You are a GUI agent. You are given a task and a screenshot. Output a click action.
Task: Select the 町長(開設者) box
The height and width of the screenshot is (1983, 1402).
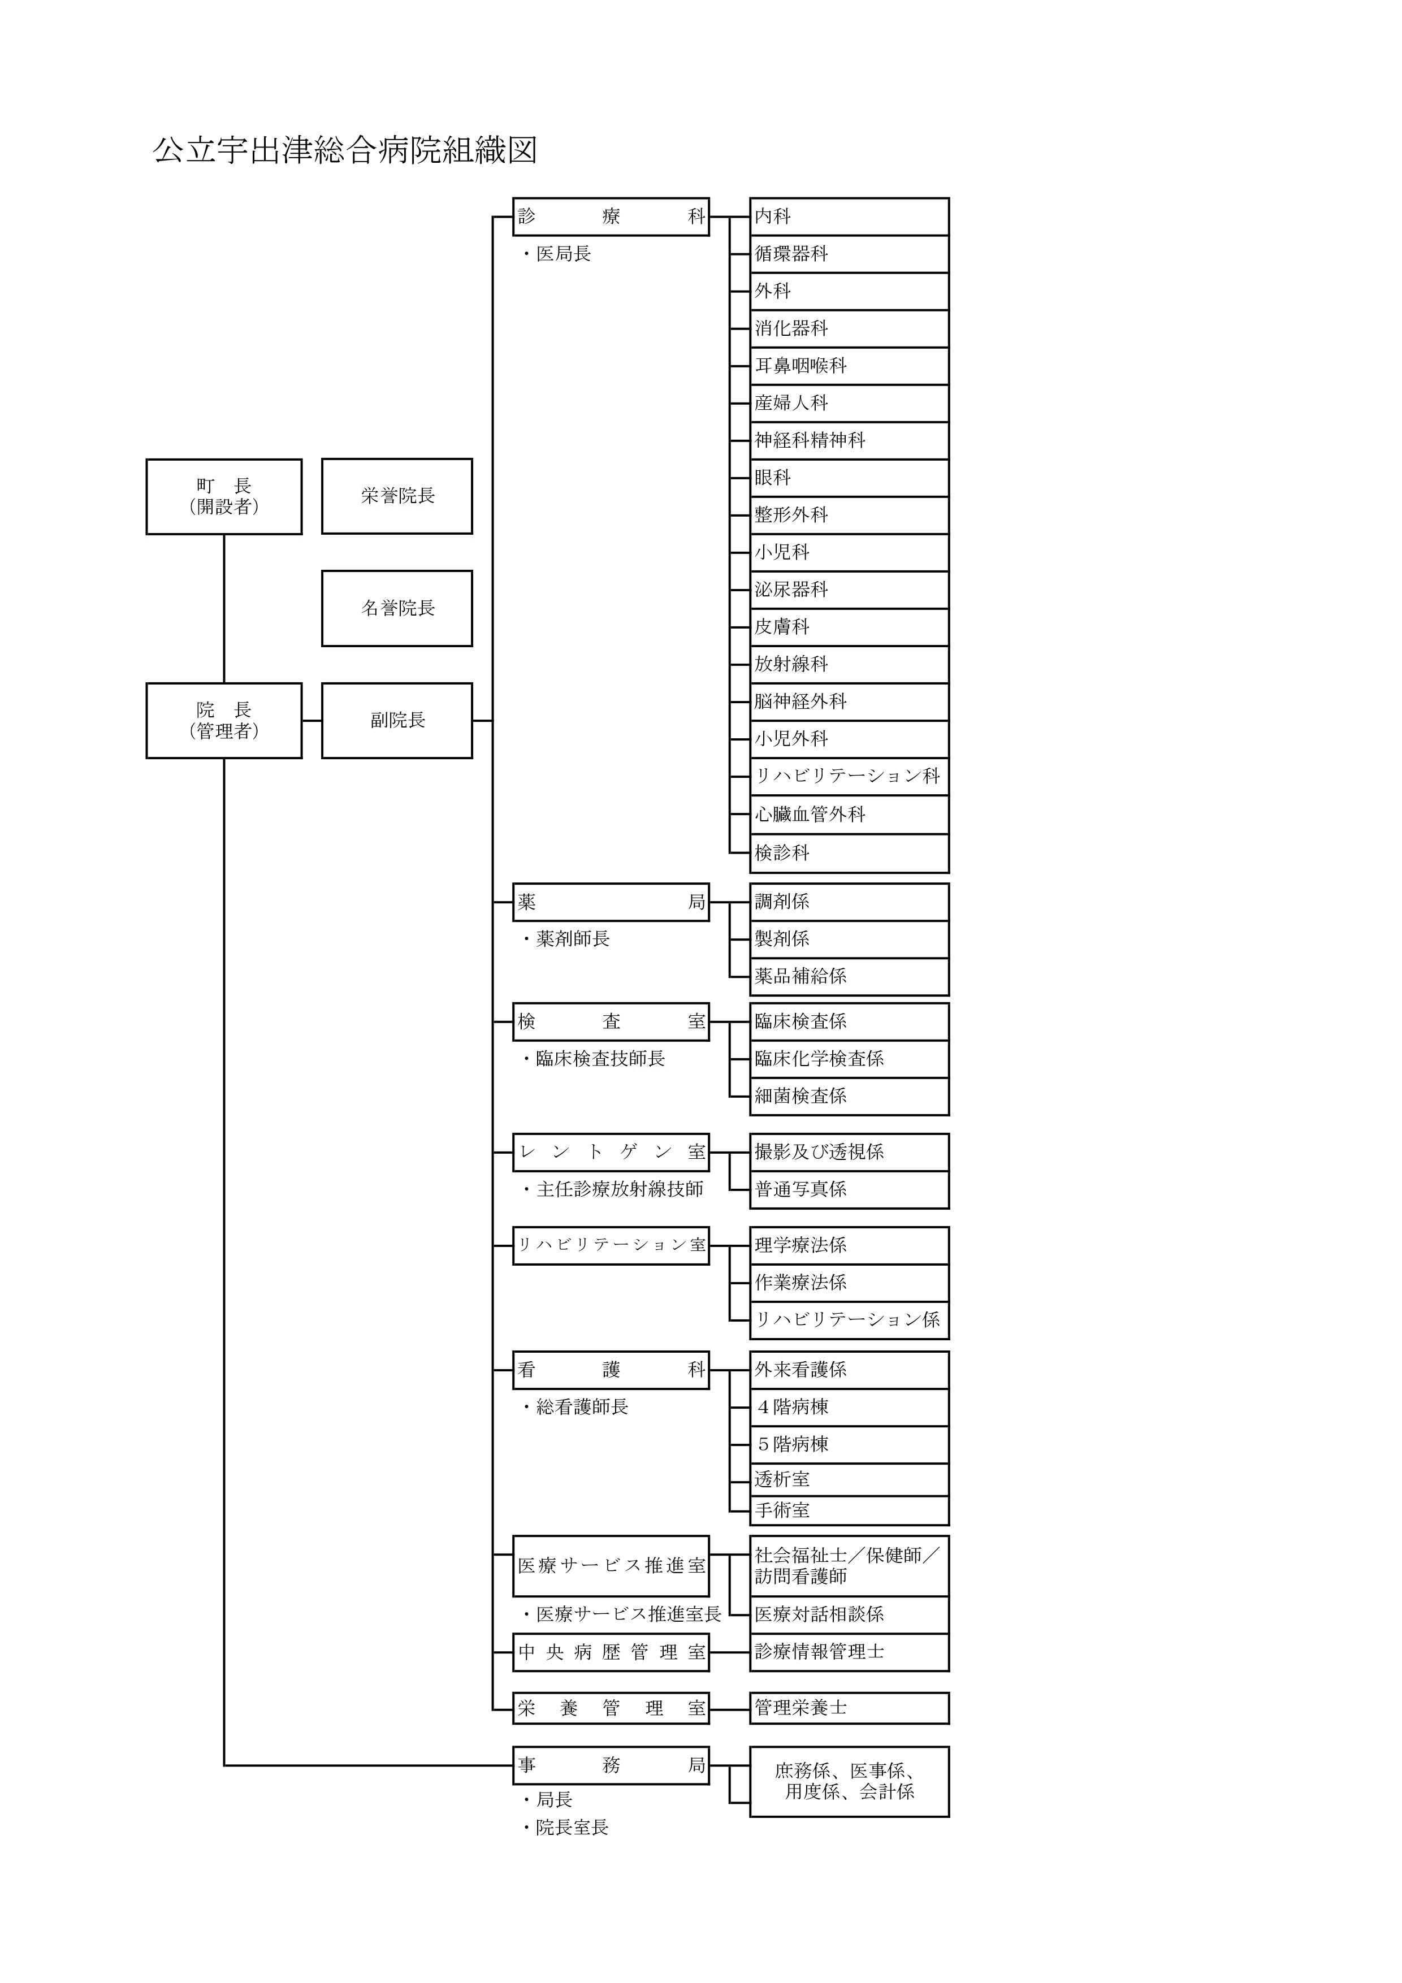pos(224,497)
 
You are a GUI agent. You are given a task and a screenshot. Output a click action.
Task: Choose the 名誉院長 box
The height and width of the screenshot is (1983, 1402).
pos(397,608)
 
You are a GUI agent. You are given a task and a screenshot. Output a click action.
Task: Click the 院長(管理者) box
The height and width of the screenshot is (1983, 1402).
pos(224,720)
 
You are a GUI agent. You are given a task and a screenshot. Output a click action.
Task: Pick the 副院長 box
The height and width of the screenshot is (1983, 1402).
pos(397,720)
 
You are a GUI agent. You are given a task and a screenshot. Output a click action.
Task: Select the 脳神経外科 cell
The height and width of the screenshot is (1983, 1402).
pos(849,702)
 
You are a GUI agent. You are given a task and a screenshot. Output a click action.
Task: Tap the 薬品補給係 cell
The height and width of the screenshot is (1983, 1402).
pos(849,976)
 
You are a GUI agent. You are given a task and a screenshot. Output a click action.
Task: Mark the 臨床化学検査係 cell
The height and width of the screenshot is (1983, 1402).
pos(849,1059)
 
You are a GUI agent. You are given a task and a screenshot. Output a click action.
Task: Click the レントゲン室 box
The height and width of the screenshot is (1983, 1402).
pos(611,1152)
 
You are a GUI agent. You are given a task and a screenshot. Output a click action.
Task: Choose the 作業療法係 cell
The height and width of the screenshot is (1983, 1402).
pos(849,1283)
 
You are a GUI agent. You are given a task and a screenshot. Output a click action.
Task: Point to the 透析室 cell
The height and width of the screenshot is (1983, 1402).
pos(849,1479)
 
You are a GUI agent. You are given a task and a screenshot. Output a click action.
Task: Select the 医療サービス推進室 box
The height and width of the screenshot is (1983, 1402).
pos(611,1565)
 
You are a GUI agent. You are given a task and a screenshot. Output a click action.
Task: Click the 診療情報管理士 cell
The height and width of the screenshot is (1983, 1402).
pos(849,1651)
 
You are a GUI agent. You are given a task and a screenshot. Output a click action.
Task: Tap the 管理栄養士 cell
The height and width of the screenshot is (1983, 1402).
pos(849,1708)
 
